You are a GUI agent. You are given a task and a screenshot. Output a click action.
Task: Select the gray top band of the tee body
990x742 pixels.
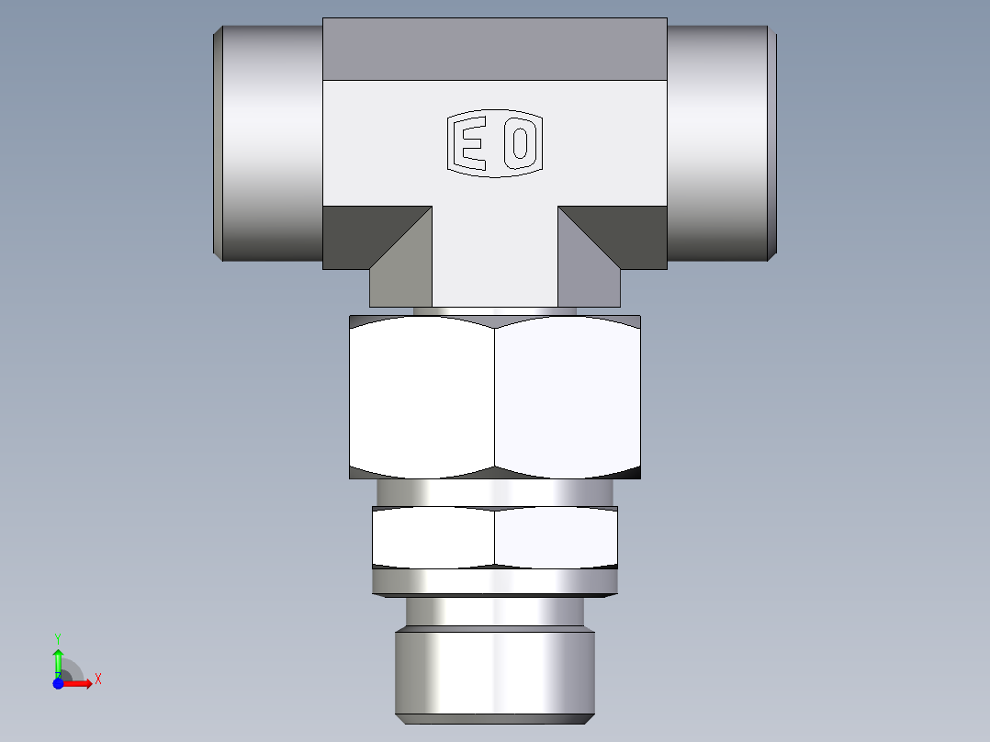[x=494, y=49]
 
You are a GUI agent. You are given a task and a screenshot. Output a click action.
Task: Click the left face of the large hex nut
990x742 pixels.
[x=422, y=397]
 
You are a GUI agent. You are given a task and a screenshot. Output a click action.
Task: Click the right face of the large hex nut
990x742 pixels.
[x=568, y=397]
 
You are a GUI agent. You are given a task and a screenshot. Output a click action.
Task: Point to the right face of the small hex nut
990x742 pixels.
[x=556, y=537]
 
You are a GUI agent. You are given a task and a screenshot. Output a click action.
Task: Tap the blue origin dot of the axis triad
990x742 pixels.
[x=59, y=683]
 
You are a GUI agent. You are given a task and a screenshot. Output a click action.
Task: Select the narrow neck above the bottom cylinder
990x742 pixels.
[x=494, y=612]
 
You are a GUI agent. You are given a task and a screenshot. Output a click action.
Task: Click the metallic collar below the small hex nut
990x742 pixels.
[x=494, y=582]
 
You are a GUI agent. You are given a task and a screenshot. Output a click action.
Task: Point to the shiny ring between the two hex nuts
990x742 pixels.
[x=494, y=492]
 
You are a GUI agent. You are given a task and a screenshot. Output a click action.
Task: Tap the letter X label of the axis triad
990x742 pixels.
[x=97, y=679]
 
